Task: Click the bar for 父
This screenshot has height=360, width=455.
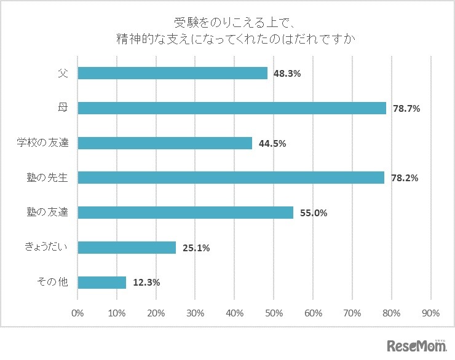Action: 173,73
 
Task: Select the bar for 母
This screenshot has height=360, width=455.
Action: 232,108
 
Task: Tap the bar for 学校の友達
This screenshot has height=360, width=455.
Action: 165,143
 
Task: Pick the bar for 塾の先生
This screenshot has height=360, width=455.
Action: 231,178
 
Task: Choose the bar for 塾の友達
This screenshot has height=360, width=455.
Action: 186,213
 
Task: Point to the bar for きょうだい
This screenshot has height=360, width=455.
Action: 127,248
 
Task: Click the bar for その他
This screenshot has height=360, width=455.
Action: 102,283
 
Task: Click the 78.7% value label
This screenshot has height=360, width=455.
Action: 406,109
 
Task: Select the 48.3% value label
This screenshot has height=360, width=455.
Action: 287,74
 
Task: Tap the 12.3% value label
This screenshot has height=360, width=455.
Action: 146,283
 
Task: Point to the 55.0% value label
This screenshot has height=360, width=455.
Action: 313,213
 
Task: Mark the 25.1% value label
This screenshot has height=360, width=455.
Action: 196,248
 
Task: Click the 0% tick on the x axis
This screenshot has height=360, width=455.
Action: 77,313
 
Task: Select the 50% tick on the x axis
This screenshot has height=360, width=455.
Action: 274,313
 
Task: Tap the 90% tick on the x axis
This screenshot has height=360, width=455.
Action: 430,313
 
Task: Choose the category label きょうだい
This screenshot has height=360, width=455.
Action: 46,248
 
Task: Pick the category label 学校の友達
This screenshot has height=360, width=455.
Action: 42,143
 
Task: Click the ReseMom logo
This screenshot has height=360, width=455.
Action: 416,346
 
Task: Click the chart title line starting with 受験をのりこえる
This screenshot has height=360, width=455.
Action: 228,23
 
